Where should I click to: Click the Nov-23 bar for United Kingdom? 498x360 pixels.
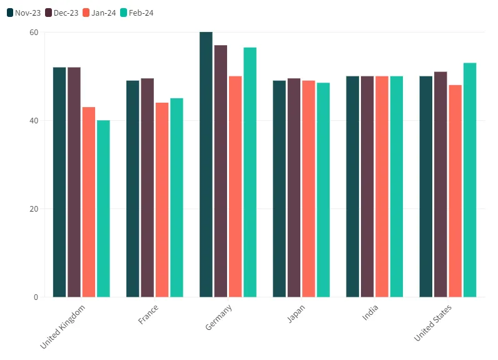tap(59, 182)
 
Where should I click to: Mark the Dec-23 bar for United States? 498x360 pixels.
tap(440, 184)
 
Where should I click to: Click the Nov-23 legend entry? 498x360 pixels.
tap(24, 13)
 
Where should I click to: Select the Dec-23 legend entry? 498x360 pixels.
tap(62, 13)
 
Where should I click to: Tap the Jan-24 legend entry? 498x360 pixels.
tap(99, 13)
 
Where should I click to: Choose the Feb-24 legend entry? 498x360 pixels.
tap(136, 13)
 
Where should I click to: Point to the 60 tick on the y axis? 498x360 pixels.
tap(33, 33)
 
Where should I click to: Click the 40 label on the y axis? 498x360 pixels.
tap(33, 121)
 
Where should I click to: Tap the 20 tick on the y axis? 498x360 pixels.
tap(33, 209)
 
